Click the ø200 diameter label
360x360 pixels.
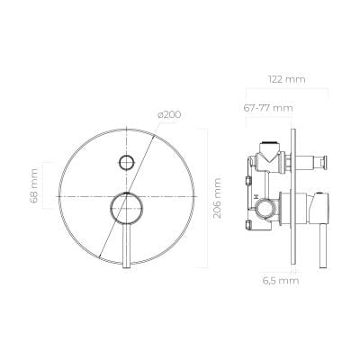169,114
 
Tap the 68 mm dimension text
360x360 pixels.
34,186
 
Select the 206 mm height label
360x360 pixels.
216,198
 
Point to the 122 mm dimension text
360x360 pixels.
287,79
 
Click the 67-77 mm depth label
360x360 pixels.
268,108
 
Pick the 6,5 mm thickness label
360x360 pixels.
281,281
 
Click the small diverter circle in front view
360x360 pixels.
126,162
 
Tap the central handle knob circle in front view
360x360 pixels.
126,208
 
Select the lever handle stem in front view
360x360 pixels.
127,246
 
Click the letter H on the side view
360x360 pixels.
256,196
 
